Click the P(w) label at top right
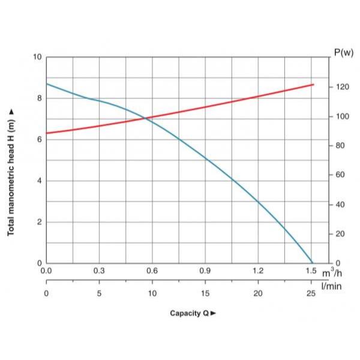[343, 53]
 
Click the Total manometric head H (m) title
[11, 172]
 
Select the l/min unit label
[331, 286]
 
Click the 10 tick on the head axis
[38, 57]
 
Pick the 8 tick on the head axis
[40, 98]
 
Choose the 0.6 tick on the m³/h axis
[152, 272]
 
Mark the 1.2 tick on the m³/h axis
[258, 272]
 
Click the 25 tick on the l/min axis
[311, 293]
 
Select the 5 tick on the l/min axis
[100, 293]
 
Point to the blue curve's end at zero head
[313, 263]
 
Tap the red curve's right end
[313, 85]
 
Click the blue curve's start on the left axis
[47, 83]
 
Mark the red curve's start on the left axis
[47, 133]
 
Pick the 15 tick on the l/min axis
[205, 293]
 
